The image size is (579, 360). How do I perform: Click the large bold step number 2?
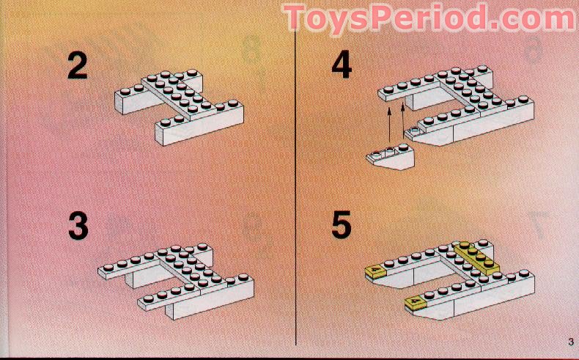(77, 65)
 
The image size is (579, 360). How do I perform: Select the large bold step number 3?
(78, 226)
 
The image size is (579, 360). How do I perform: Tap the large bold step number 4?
(342, 65)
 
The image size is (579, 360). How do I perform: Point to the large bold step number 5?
(342, 226)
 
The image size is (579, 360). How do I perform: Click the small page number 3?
(571, 342)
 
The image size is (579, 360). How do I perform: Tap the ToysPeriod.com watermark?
(429, 18)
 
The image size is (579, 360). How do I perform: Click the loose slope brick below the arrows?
(391, 157)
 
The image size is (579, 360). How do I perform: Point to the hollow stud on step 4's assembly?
(414, 130)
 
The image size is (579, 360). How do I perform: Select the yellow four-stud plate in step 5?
(476, 258)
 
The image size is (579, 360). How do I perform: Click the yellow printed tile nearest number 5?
(375, 271)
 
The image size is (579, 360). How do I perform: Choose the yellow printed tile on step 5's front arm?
(416, 303)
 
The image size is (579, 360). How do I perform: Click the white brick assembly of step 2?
(180, 106)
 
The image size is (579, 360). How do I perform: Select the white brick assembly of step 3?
(176, 281)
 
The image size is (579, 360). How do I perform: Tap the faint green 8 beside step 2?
(252, 49)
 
